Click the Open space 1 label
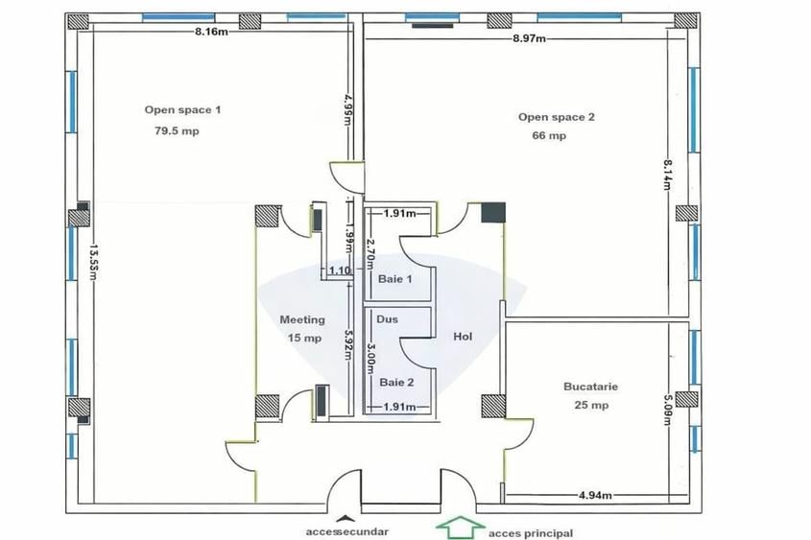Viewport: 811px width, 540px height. pos(182,110)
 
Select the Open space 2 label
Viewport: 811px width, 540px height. pos(557,117)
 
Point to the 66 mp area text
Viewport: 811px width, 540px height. pos(549,136)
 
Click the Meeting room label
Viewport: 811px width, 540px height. pos(301,319)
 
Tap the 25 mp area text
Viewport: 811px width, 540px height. pos(589,405)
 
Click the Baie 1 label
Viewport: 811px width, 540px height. pos(395,280)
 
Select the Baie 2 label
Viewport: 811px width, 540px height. pos(396,382)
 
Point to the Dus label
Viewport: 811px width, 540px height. pos(387,319)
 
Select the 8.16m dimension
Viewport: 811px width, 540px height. pos(211,32)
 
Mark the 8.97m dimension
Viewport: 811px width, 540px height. pos(529,38)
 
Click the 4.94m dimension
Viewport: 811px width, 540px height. pos(596,496)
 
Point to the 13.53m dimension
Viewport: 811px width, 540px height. pos(93,261)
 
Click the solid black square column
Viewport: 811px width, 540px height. pos(492,212)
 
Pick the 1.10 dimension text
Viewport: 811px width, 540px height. pos(339,271)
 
